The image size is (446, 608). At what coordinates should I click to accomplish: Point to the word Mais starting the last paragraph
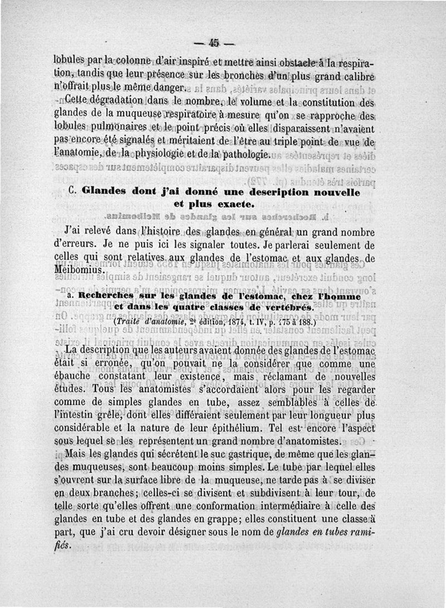(76, 455)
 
